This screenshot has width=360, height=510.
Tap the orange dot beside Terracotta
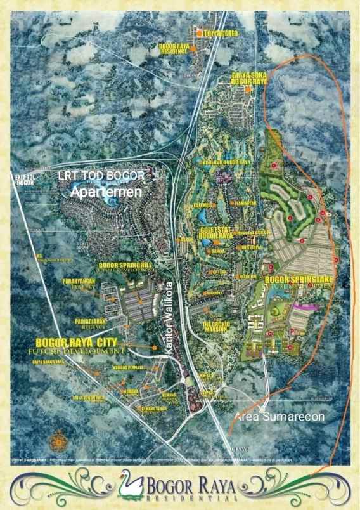pos(199,32)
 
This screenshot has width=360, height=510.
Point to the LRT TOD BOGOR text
pos(102,175)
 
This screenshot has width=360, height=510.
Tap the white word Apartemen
pos(106,191)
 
